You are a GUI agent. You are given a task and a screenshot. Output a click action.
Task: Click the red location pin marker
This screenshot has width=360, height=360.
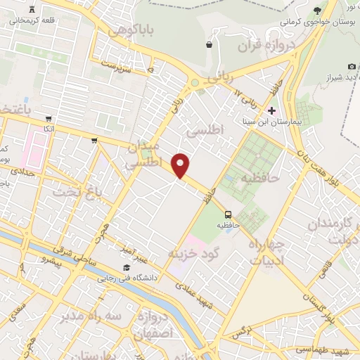[181, 166]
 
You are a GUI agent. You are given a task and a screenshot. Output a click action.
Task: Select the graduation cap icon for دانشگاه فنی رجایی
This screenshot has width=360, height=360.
[127, 267]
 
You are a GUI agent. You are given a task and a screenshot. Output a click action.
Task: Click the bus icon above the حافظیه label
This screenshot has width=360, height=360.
[228, 214]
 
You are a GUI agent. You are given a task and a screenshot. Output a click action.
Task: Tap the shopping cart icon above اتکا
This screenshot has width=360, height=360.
[48, 119]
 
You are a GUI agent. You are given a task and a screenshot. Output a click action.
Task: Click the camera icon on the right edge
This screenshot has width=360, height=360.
[352, 66]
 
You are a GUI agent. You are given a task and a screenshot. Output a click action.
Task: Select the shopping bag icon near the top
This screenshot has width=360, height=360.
[209, 45]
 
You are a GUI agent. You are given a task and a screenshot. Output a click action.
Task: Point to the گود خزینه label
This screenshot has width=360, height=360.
[195, 252]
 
